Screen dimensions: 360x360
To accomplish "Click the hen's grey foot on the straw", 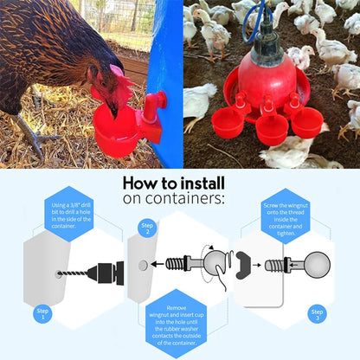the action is click(x=36, y=139).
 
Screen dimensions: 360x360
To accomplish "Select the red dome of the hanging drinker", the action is click(x=267, y=80).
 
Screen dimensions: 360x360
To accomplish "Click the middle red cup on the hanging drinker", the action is click(x=272, y=129).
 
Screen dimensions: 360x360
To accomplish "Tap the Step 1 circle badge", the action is click(x=42, y=314).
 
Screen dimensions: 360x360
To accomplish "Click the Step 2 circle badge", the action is click(x=147, y=228).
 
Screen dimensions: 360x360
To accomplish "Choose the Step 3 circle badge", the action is click(x=317, y=314).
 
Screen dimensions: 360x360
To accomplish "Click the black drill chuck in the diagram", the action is click(x=106, y=273).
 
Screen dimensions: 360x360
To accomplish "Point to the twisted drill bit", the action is click(x=72, y=273).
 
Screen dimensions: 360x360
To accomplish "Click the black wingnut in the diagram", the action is click(x=242, y=266).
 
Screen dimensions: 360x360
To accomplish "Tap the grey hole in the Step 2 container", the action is click(x=143, y=266).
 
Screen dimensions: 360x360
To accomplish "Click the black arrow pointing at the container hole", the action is click(x=157, y=264).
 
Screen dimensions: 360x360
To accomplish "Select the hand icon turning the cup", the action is click(x=222, y=278).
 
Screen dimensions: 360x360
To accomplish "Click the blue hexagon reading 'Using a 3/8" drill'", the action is click(x=69, y=214).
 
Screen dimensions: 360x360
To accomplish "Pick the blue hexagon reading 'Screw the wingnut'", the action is click(x=286, y=216).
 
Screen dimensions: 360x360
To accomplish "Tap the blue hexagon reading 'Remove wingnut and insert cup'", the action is click(x=177, y=324).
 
